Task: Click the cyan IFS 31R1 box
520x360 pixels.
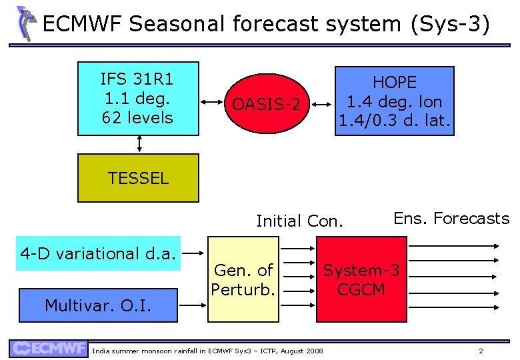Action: coord(138,99)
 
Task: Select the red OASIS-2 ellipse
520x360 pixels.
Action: coord(271,104)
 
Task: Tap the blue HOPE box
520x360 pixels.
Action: coord(394,101)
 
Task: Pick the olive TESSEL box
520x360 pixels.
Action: coord(138,178)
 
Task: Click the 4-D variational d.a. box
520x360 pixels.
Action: coord(99,253)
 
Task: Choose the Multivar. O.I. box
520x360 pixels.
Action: coord(99,305)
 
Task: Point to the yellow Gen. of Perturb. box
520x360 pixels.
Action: coord(243,280)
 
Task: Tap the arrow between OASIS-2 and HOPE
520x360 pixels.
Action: coord(323,103)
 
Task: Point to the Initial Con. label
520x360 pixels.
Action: coord(299,221)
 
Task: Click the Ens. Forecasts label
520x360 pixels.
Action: coord(451,218)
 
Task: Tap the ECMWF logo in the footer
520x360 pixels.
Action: coord(49,348)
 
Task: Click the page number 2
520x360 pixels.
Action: coord(481,351)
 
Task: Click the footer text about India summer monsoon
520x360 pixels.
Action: coord(207,351)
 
